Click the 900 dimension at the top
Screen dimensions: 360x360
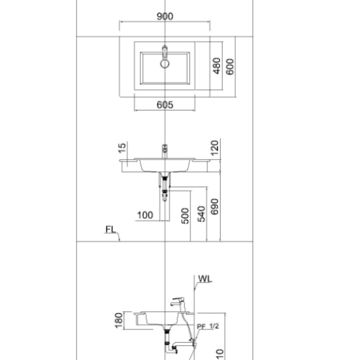point(165,16)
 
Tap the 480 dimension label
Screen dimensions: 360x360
point(217,66)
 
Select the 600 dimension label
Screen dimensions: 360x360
point(230,67)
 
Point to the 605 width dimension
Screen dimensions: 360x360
point(165,105)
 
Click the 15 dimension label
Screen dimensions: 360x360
point(122,148)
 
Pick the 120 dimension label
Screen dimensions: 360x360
point(215,147)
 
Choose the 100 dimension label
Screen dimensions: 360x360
point(145,215)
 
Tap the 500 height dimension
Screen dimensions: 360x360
point(185,216)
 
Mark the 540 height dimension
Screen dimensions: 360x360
point(201,214)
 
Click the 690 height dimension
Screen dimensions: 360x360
point(215,207)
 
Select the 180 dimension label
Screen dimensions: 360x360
point(119,321)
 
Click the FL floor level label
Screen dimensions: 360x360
point(111,229)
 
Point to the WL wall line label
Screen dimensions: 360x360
point(205,279)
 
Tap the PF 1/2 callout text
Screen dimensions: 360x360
point(208,326)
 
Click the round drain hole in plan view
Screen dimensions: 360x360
point(165,64)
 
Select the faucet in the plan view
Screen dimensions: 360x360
point(165,53)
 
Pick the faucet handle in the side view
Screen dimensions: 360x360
point(178,299)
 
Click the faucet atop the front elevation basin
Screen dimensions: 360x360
point(165,151)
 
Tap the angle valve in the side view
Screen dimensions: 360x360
point(193,341)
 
